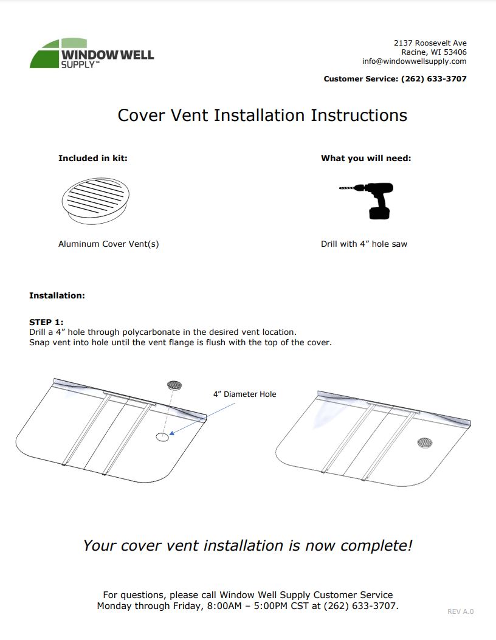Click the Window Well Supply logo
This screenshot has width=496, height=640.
pos(91,53)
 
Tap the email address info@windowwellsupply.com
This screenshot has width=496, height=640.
pos(414,61)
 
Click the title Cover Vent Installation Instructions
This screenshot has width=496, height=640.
pos(262,115)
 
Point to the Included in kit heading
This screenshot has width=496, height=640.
pos(92,158)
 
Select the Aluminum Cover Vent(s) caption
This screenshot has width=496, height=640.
pos(108,244)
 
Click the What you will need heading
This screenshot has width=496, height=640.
pos(365,158)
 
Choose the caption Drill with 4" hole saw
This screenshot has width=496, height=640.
pos(363,244)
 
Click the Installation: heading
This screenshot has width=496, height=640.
pos(57,295)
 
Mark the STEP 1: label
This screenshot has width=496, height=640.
pos(46,322)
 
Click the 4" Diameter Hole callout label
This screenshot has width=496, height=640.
pos(244,394)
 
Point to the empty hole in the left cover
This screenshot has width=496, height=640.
pos(162,437)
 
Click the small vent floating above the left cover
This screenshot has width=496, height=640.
pos(175,385)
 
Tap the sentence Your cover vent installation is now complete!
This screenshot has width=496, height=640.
pos(247,546)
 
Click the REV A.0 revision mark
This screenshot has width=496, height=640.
pos(460,611)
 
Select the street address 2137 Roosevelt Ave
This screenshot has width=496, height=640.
pos(430,43)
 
